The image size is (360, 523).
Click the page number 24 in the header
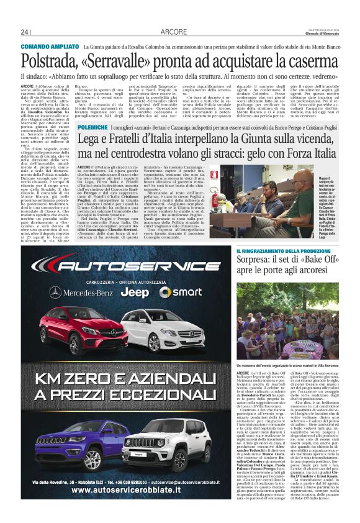(x=25, y=32)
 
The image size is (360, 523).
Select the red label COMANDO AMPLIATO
(x=48, y=47)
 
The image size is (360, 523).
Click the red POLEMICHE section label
(x=93, y=126)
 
